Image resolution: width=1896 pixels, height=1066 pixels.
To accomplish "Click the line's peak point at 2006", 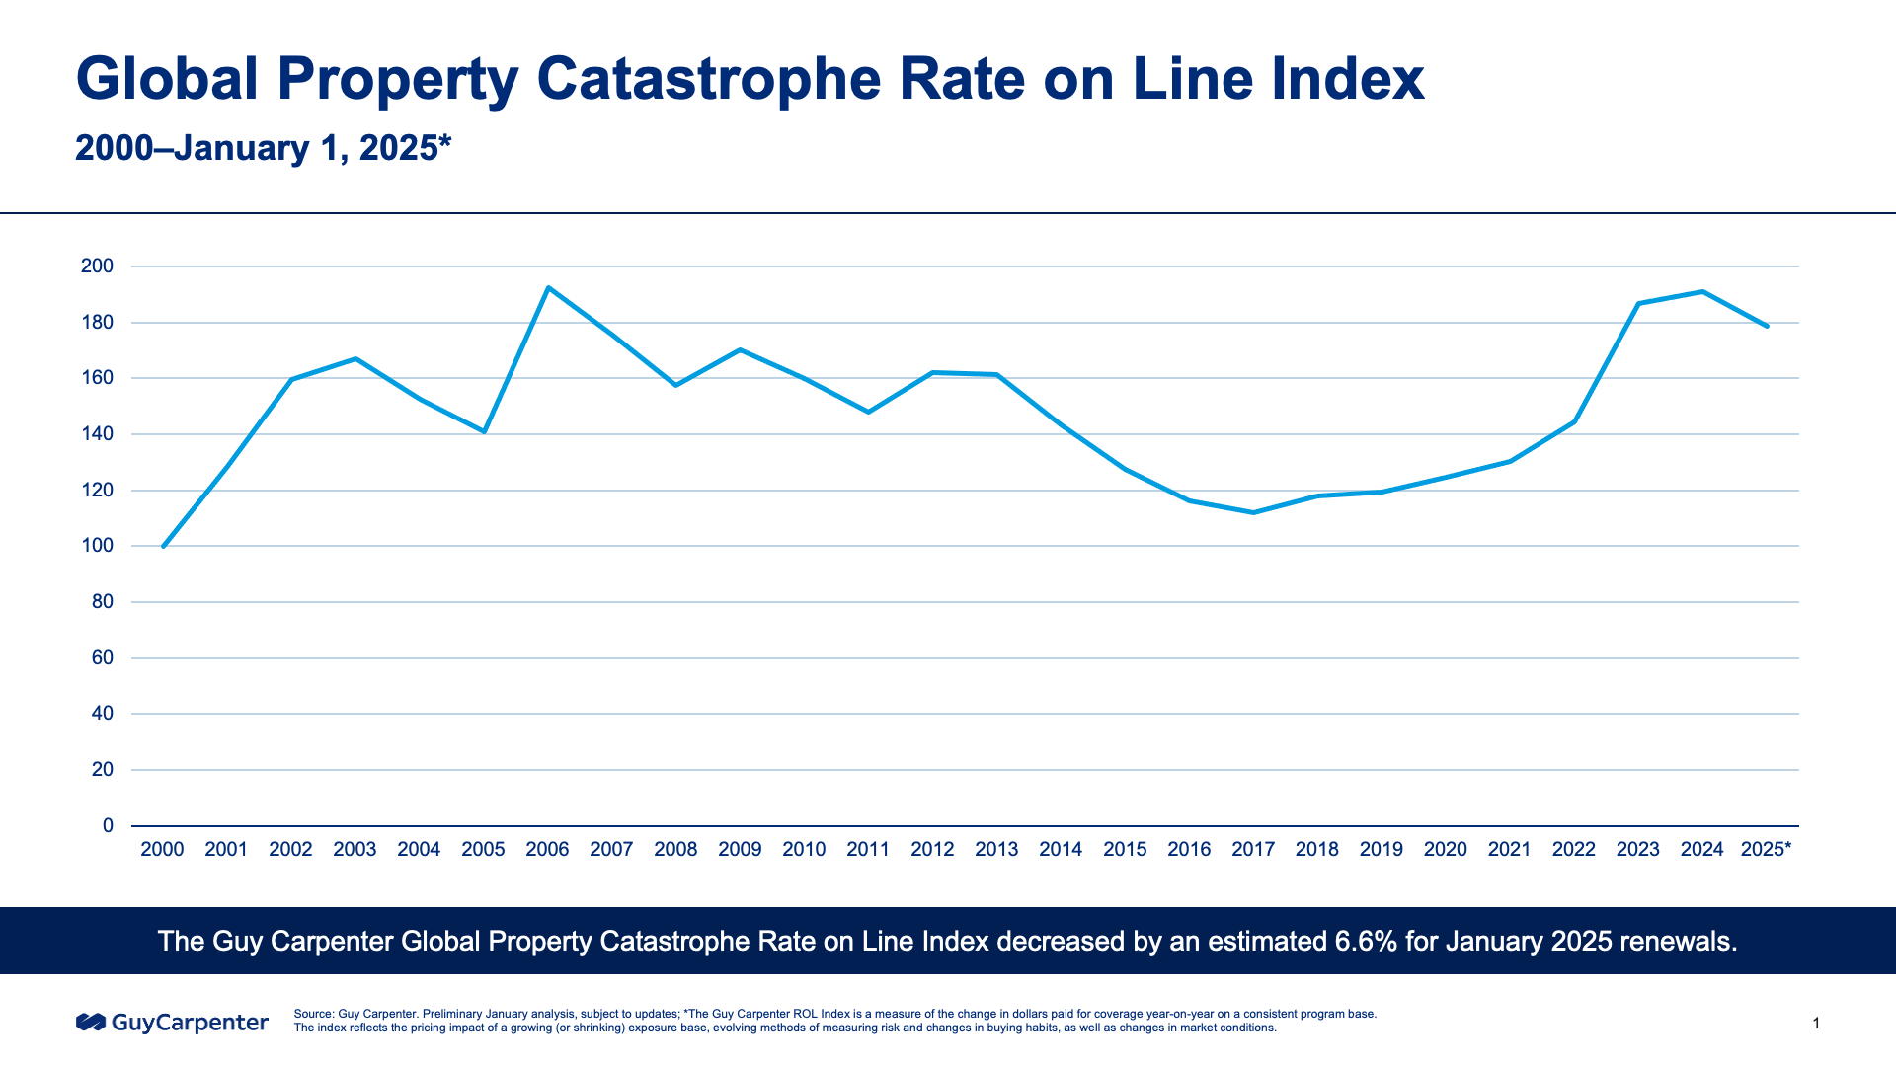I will point(548,288).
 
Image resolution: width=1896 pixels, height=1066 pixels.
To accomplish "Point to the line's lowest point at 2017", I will point(1253,512).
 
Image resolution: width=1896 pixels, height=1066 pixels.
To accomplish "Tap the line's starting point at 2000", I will point(163,546).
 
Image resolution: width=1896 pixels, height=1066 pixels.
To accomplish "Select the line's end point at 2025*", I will point(1767,326).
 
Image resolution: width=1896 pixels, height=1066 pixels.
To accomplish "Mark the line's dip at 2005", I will point(484,431).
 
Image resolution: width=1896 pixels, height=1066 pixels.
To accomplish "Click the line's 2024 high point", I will point(1702,292).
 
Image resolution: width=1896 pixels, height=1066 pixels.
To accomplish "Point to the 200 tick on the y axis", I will point(97,266).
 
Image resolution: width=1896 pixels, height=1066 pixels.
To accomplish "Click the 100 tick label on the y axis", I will point(97,546).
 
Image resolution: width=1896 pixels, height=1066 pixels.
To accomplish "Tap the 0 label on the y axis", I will point(108,825).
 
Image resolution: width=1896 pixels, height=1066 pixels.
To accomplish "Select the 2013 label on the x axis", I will point(996,849).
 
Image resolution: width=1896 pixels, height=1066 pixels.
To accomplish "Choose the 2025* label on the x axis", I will point(1766,849).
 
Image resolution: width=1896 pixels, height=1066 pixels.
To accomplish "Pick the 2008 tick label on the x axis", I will point(675,849).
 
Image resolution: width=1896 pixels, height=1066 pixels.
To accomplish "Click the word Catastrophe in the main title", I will point(708,79).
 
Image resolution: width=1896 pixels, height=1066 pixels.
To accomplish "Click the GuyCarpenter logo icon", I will point(90,1022).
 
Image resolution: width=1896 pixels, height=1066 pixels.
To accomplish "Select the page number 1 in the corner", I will point(1816,1024).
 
